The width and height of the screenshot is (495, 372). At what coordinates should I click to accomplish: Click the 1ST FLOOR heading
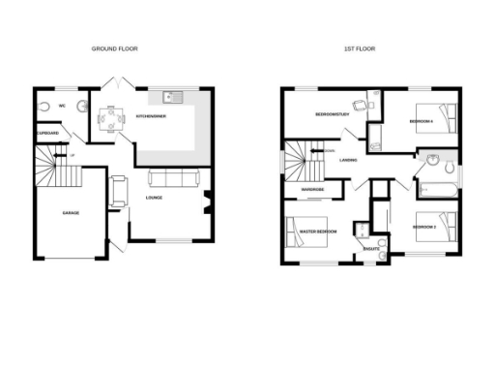click(359, 48)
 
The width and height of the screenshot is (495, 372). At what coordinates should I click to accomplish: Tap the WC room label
click(62, 105)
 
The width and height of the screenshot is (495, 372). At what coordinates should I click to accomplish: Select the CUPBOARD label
click(48, 133)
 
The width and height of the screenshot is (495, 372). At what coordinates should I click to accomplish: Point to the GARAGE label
click(71, 212)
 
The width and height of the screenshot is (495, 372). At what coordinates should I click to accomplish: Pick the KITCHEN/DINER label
click(151, 116)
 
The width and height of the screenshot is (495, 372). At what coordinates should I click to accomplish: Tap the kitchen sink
click(172, 96)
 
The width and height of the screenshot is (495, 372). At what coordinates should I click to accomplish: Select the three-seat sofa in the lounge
click(173, 178)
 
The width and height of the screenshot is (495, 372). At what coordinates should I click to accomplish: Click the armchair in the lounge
click(118, 191)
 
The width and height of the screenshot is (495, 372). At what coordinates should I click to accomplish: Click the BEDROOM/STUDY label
click(332, 115)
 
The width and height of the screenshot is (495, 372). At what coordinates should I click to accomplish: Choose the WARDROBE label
click(311, 189)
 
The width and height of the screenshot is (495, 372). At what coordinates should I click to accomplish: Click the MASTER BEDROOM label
click(318, 232)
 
